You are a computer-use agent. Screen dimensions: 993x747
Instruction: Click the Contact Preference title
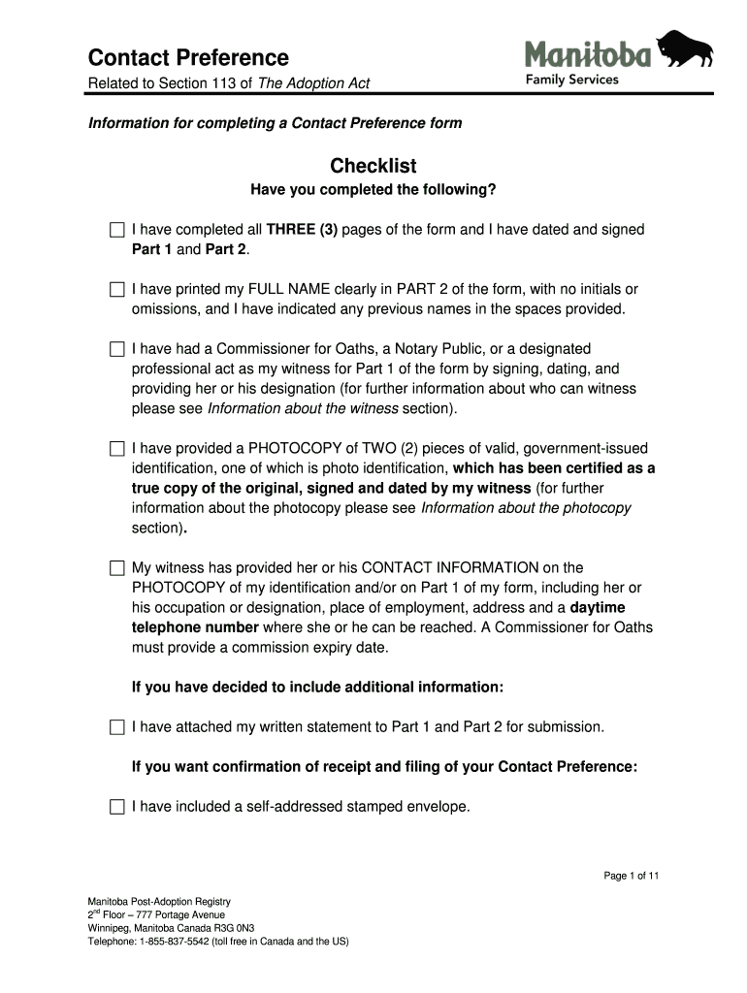[188, 57]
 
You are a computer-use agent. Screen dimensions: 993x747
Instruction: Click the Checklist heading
[373, 166]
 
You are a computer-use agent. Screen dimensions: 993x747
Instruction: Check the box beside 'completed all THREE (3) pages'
[117, 230]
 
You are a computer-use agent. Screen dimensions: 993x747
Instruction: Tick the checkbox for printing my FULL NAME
[117, 289]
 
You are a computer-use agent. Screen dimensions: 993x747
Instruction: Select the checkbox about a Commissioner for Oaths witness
[117, 348]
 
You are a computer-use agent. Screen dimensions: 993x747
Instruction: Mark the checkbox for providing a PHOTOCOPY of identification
[117, 449]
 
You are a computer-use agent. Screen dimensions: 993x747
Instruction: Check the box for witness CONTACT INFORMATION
[117, 568]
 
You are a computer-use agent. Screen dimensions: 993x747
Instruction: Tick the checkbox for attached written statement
[117, 726]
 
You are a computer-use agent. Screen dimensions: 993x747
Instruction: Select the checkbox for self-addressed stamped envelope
[117, 806]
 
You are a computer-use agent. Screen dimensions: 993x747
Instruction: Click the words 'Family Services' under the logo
[571, 80]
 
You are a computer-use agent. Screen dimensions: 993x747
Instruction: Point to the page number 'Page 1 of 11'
[632, 876]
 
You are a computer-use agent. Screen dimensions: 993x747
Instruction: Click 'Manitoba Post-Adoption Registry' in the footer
[159, 901]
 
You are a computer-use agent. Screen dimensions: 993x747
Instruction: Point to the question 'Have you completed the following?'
[373, 190]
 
